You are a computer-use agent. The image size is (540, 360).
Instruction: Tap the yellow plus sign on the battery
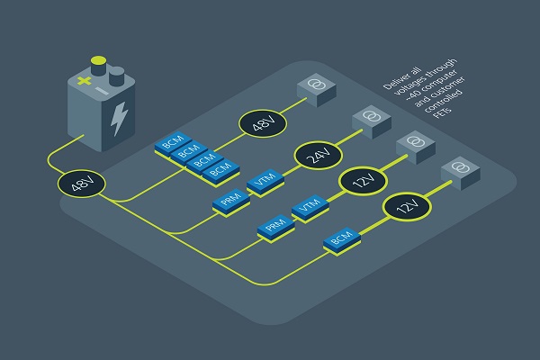[x=84, y=81]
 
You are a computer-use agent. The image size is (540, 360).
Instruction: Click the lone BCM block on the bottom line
[x=342, y=239]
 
